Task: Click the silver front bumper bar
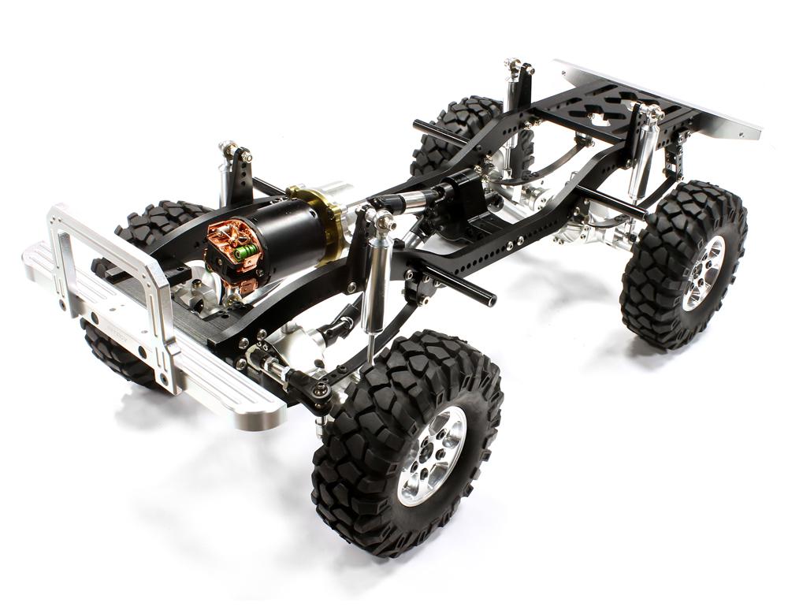[x=158, y=347]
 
